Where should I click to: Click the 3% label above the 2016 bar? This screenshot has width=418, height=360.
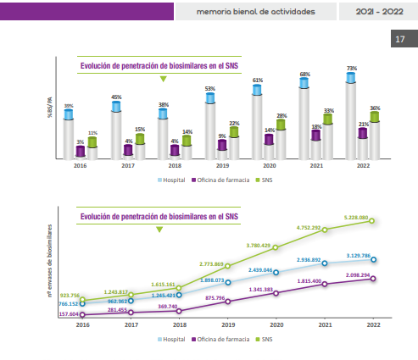coord(81,141)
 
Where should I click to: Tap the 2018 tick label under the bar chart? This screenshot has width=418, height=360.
coord(176,166)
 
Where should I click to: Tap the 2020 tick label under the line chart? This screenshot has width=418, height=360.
coord(275,324)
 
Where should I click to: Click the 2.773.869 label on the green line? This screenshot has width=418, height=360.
coord(209,264)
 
